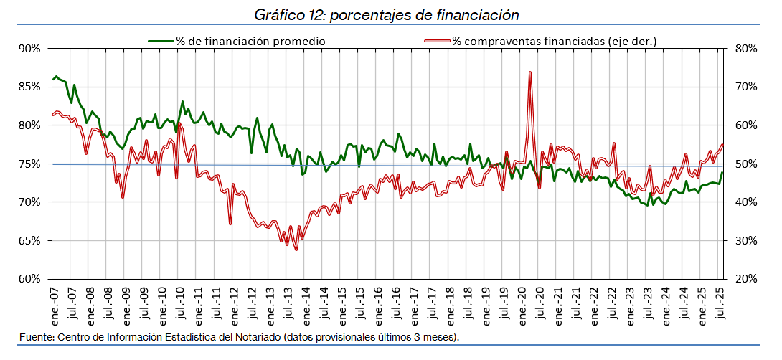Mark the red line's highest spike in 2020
click(x=529, y=72)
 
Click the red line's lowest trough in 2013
click(x=296, y=249)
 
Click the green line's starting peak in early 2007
click(x=56, y=76)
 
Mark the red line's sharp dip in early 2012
click(x=230, y=224)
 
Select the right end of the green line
click(x=722, y=173)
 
